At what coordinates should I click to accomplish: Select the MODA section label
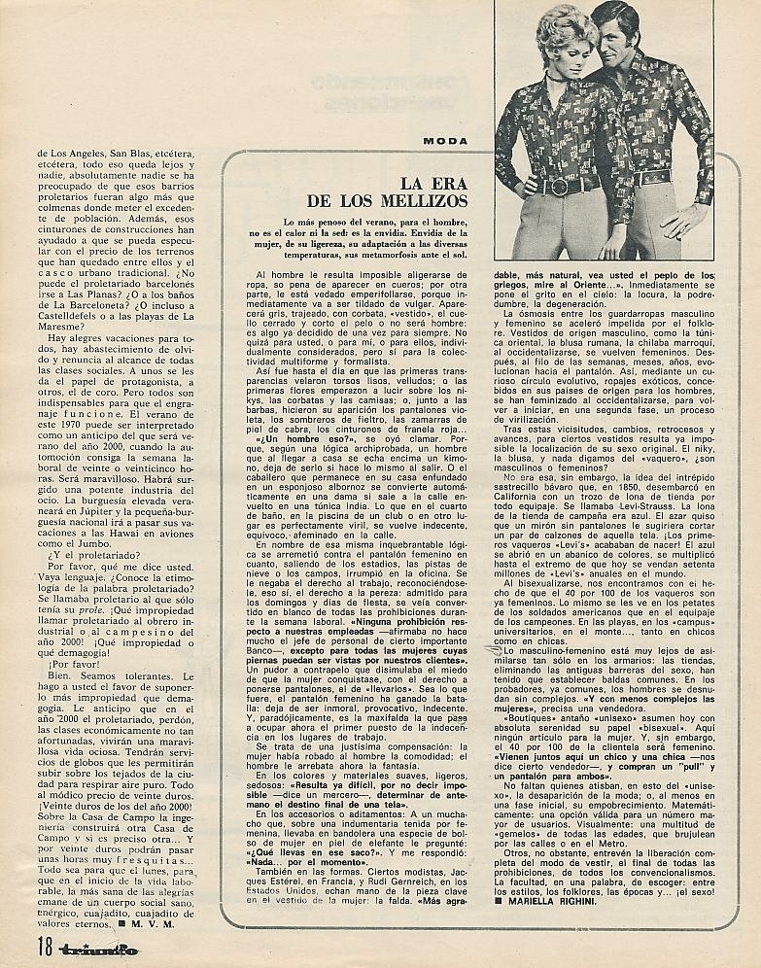(x=445, y=141)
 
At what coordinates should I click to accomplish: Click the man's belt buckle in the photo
(x=653, y=177)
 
